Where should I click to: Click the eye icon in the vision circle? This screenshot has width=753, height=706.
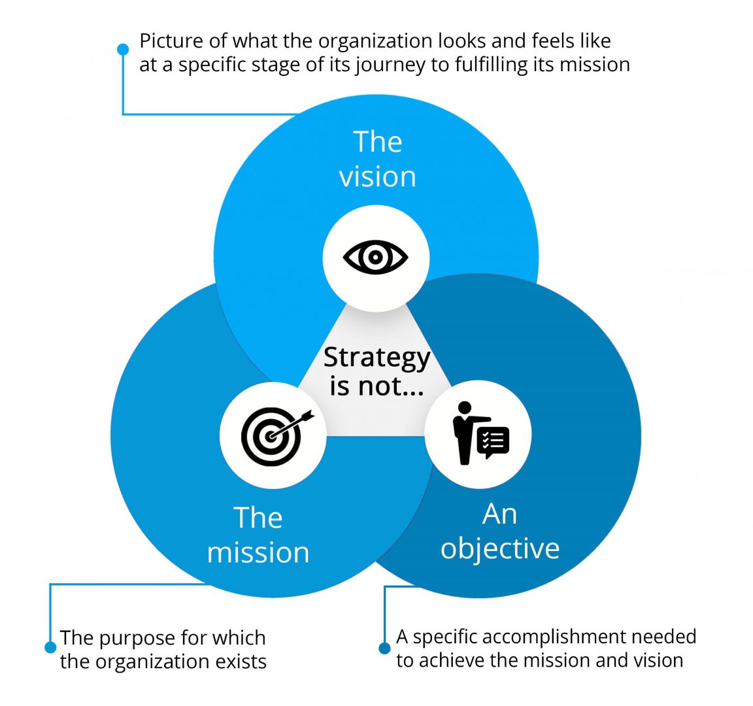point(376,257)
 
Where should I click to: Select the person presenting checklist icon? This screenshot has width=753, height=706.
point(479,434)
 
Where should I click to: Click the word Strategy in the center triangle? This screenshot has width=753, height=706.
point(376,358)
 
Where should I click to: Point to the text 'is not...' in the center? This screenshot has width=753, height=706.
point(376,386)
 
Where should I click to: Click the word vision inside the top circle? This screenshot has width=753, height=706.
point(377,176)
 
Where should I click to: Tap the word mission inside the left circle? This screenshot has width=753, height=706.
point(258,552)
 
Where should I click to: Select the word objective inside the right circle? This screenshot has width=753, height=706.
point(500,548)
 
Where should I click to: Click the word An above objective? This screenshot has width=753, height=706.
point(499,514)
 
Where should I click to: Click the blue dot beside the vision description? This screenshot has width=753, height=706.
point(123,49)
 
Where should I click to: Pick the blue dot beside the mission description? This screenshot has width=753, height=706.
point(50,647)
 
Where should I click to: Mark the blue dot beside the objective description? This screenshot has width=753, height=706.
point(384,648)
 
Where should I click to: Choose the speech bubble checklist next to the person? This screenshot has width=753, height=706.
point(494,441)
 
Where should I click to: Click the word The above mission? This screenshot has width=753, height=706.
point(258,518)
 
